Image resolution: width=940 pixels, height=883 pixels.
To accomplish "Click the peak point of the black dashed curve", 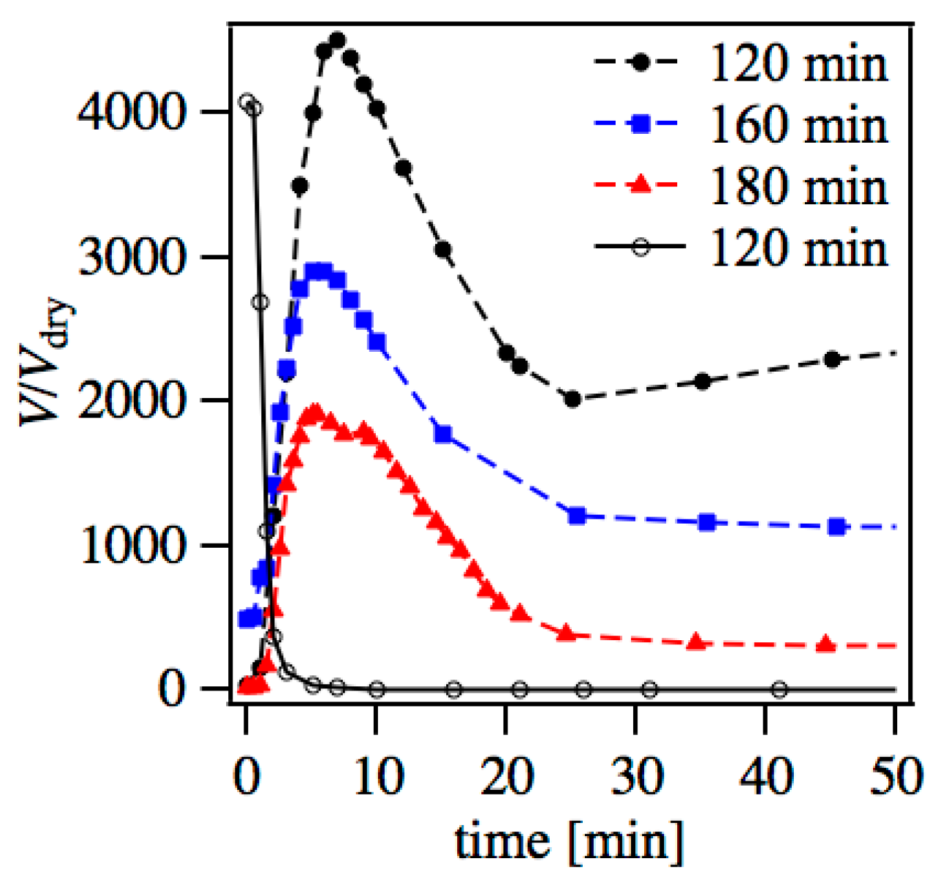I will [337, 41].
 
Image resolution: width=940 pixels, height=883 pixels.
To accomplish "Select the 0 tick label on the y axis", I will [171, 688].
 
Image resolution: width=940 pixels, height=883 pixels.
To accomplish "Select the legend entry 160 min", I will [799, 125].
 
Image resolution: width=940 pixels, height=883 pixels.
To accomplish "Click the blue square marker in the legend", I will [641, 124].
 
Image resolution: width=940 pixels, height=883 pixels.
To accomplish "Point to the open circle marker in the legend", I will [641, 247].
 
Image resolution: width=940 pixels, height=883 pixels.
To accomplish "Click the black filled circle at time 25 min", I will [572, 399].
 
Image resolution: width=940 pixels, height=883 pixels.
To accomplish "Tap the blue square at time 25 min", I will [577, 516].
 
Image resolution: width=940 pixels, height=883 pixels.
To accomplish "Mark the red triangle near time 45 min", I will [826, 644].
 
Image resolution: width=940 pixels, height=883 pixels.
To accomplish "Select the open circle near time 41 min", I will [779, 689].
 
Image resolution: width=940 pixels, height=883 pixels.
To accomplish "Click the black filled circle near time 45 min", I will [832, 359].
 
